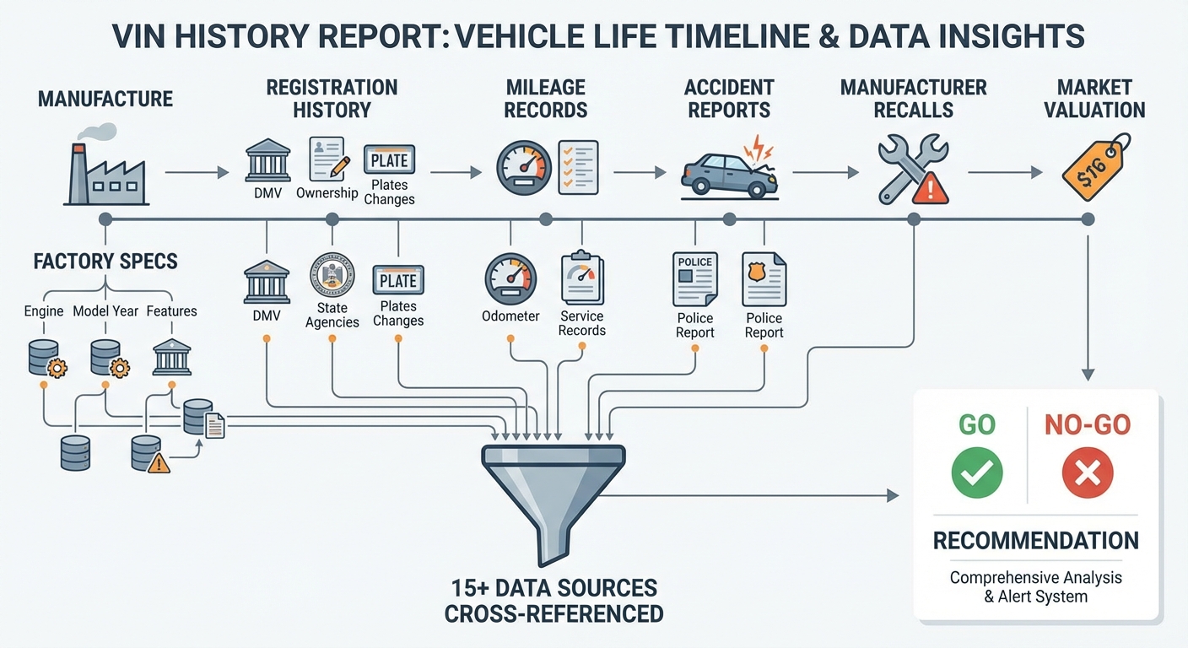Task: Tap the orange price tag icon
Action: click(x=1096, y=167)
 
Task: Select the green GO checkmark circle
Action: click(x=977, y=472)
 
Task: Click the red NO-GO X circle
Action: click(x=1088, y=472)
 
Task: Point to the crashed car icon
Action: click(x=730, y=170)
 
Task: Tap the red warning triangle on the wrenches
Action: click(x=931, y=187)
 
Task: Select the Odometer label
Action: click(x=510, y=316)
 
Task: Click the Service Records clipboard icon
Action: click(x=582, y=278)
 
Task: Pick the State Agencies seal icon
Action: click(x=332, y=276)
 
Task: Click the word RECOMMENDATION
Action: click(x=1036, y=541)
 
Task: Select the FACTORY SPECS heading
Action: click(x=105, y=262)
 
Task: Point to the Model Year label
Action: click(x=105, y=311)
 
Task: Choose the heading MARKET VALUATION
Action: click(x=1094, y=99)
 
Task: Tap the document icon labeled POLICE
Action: click(x=694, y=279)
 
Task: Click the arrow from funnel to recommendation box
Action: click(x=749, y=495)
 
